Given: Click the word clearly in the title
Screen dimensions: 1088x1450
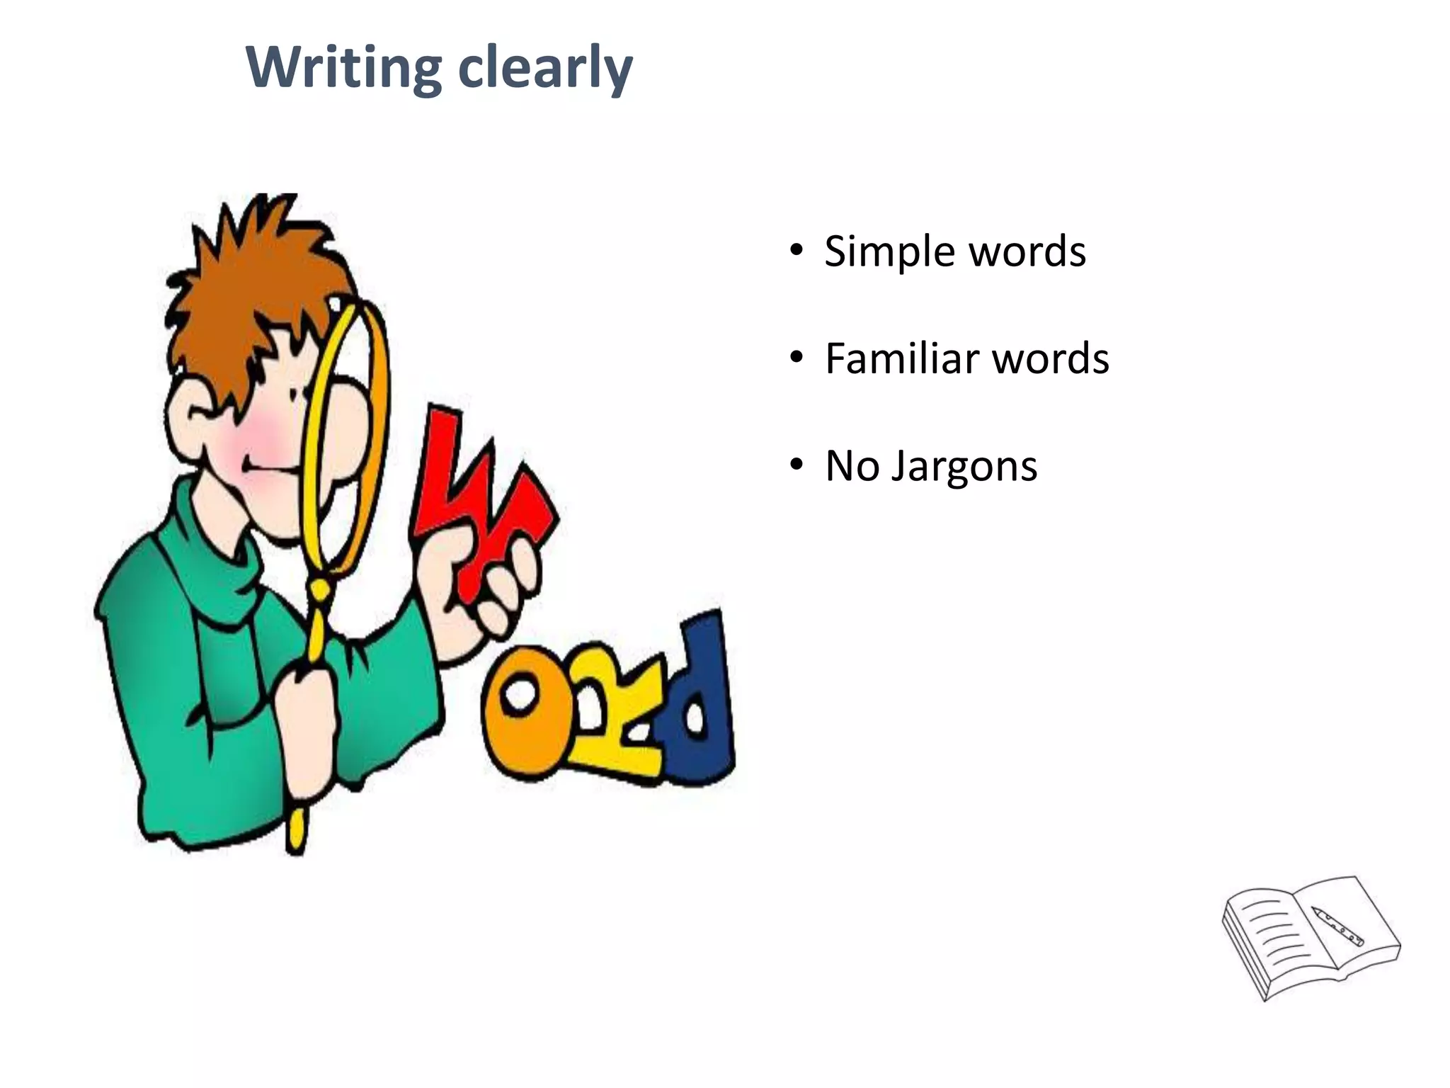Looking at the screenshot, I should pyautogui.click(x=545, y=68).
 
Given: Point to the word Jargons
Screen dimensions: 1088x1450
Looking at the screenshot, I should pyautogui.click(x=964, y=467).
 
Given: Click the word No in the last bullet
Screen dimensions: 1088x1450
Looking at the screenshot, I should pyautogui.click(x=852, y=466).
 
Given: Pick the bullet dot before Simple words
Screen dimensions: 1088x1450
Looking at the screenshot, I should pyautogui.click(x=797, y=251).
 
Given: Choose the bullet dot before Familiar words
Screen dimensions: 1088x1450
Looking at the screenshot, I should pyautogui.click(x=797, y=358).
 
